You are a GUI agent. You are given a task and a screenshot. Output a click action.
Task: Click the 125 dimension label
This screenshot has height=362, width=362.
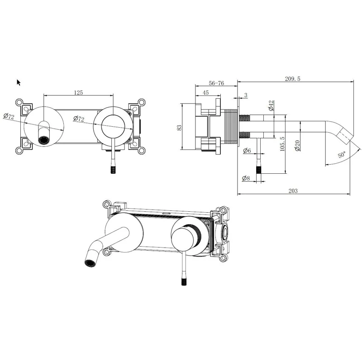78,93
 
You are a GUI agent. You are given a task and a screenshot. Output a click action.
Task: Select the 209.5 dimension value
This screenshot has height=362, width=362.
292,79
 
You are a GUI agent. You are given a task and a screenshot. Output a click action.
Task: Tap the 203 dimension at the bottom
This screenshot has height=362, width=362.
293,191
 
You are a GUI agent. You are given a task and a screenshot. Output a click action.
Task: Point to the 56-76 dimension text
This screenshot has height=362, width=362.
216,83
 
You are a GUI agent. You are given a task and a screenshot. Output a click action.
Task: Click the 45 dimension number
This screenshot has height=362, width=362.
206,93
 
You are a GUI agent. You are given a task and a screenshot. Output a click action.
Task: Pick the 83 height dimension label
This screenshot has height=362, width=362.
179,128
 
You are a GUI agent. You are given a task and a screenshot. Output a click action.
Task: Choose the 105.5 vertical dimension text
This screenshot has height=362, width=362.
282,143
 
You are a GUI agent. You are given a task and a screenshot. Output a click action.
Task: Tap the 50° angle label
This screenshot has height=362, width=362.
342,154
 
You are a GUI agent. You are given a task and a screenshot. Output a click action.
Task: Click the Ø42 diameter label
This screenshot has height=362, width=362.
271,105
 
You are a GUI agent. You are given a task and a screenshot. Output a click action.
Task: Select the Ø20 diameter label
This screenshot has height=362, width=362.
297,145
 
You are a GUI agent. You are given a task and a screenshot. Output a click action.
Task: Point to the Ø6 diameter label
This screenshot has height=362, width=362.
247,151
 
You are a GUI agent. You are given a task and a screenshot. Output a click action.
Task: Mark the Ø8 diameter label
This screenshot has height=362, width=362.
246,178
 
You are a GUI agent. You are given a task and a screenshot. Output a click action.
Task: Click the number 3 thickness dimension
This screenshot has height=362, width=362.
246,95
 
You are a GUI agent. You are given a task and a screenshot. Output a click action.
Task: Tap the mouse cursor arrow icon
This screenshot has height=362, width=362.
19,82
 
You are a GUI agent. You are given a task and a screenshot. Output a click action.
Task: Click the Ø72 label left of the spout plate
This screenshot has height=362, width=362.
9,116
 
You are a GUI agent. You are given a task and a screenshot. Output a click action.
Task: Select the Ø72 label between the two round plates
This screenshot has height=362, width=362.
79,119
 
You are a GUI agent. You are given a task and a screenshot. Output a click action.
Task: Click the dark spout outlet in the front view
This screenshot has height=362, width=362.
43,140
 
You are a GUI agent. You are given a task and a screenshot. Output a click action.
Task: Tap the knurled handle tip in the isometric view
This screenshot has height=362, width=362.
184,281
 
